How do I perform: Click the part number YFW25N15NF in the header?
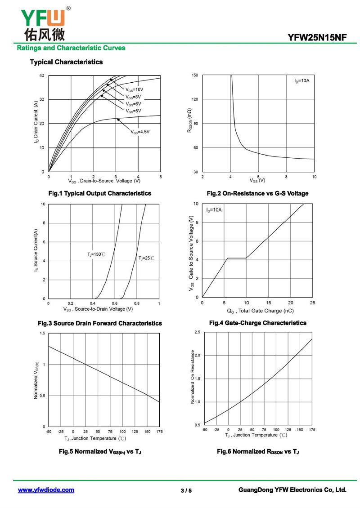pos(318,38)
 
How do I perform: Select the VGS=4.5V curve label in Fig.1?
pos(140,132)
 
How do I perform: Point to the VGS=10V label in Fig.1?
pos(134,89)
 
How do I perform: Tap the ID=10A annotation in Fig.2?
pos(302,81)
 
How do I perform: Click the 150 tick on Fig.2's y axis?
pos(194,75)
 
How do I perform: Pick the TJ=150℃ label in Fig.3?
pos(96,255)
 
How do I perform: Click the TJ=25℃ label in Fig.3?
pos(146,258)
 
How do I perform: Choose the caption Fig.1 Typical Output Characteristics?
pos(99,193)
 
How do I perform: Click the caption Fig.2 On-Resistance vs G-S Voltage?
pos(257,193)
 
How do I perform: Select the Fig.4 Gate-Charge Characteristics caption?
pos(257,323)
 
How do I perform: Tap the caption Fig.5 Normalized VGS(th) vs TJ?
pos(99,451)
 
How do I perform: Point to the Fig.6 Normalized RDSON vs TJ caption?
pos(258,451)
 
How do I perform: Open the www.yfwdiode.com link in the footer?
pos(46,490)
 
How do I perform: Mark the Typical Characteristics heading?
pos(66,62)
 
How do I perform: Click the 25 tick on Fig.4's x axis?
pos(312,303)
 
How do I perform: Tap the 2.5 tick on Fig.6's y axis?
pos(197,332)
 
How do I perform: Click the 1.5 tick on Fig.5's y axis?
pos(42,333)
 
